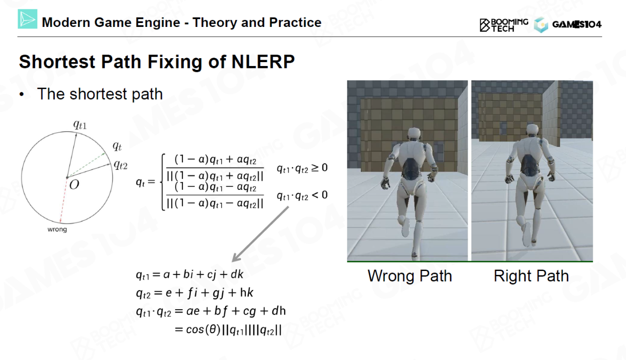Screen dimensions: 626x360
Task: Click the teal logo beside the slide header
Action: coord(27,19)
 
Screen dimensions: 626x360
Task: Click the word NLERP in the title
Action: coord(263,62)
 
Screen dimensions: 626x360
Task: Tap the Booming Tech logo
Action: coord(504,25)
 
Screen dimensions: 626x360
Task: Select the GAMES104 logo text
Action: coord(577,24)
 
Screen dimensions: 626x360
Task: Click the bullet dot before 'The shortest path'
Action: coord(22,94)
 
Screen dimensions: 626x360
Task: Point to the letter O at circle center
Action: coord(74,184)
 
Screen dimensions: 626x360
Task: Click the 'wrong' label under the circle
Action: coord(57,229)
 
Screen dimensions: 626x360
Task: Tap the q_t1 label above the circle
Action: coord(80,125)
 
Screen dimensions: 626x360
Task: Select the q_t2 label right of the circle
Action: coord(120,165)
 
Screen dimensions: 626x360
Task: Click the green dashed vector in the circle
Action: coord(86,165)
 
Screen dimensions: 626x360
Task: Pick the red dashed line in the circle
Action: coord(64,200)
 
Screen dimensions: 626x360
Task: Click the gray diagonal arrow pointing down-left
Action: coord(261,234)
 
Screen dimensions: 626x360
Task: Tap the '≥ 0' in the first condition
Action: coord(319,168)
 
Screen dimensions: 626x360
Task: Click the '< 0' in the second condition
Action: coord(319,195)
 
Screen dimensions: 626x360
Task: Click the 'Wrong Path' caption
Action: coord(410,276)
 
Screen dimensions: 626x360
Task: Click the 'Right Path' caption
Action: coord(531,276)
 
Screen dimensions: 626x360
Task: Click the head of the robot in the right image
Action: coord(533,131)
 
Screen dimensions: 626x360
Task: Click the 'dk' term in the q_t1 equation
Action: coord(237,274)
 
